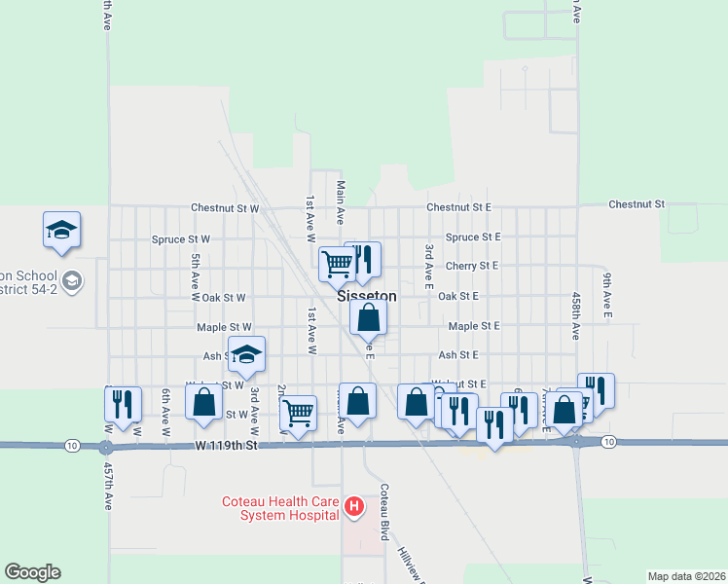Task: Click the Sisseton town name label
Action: tap(367, 296)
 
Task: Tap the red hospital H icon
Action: tap(355, 506)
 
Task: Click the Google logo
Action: tap(32, 572)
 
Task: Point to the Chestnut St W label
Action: tap(225, 208)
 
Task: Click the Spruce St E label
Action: tap(472, 237)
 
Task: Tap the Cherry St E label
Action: tap(472, 265)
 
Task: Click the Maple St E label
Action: tap(474, 326)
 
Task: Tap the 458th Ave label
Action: tap(576, 315)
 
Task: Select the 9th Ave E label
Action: tap(605, 298)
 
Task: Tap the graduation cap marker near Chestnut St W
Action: tap(61, 230)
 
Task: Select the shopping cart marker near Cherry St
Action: tap(337, 262)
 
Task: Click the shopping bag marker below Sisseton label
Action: tap(369, 317)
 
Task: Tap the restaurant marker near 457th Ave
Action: tap(123, 403)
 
